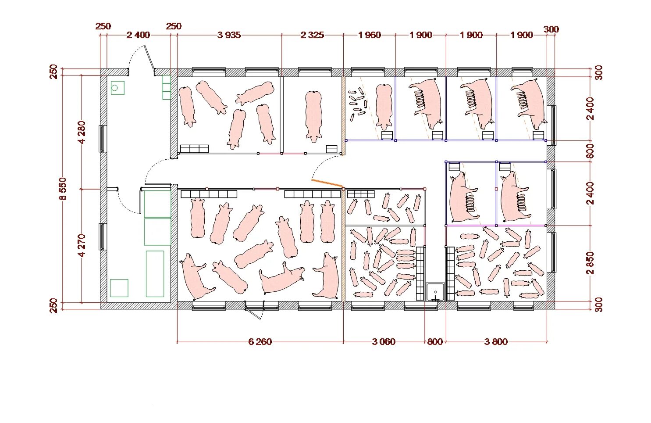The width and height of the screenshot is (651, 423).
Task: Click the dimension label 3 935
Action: pos(229,35)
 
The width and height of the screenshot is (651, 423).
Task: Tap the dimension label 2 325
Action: pos(312,35)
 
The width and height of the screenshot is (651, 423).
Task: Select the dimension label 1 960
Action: pos(369,35)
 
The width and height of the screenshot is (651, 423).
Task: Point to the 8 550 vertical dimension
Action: pos(63,189)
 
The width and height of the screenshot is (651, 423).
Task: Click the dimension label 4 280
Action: pos(82,133)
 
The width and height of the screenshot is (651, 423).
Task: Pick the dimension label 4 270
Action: pos(82,246)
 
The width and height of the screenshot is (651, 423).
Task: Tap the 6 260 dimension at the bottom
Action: pos(260,341)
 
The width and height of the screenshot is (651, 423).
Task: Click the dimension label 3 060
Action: pos(384,341)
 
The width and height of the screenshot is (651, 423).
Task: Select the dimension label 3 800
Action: pos(496,341)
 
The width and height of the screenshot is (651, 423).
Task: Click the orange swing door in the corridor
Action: pos(327,183)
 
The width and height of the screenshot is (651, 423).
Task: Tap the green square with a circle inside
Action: pos(117,88)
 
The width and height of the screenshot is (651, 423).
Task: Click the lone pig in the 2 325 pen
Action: pos(313,117)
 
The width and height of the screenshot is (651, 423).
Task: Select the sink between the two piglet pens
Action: pos(435,292)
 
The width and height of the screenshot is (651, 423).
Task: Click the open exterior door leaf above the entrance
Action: pos(149,57)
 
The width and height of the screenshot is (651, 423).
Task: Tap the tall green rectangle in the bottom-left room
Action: pos(155,274)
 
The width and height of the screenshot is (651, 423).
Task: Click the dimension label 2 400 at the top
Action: pos(139,35)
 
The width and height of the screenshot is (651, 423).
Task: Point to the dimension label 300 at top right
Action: pos(551,29)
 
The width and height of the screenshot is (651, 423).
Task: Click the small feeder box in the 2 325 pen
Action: pos(331,149)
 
